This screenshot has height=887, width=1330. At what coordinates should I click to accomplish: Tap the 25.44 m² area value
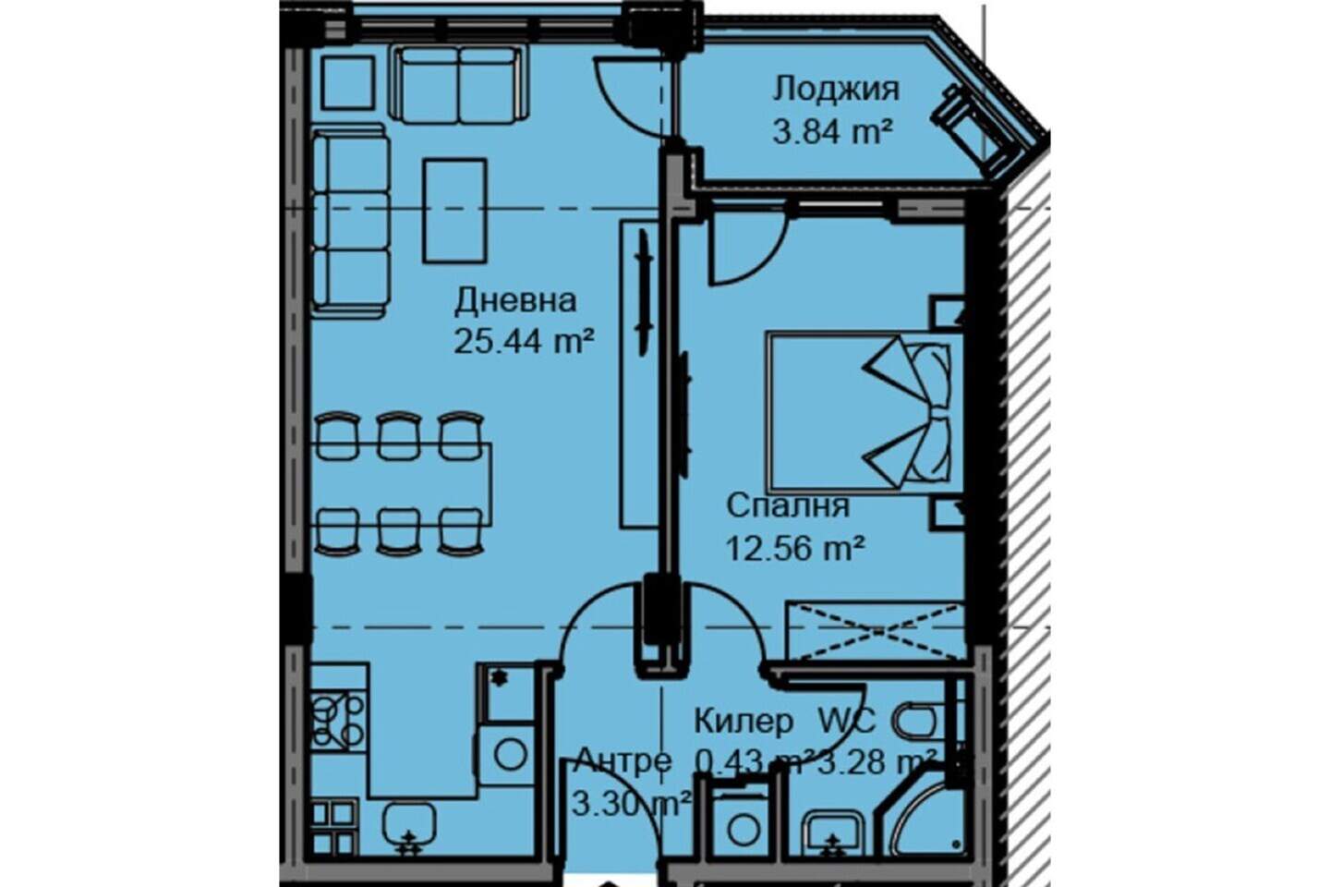[524, 342]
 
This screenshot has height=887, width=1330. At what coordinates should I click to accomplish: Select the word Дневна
[515, 301]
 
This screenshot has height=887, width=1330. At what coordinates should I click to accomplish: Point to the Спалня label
[788, 506]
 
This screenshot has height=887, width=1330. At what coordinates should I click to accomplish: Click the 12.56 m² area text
[794, 548]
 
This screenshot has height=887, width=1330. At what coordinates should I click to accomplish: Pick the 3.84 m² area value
[832, 132]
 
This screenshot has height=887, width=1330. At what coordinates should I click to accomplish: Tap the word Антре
[623, 761]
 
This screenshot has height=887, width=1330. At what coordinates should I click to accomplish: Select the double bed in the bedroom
[865, 411]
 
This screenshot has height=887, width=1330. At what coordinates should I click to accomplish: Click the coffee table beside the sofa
[455, 211]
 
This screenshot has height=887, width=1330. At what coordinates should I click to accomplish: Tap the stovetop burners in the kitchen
[338, 722]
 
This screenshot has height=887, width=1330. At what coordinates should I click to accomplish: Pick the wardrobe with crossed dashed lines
[876, 631]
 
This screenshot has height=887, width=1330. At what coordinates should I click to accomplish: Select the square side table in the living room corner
[348, 82]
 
